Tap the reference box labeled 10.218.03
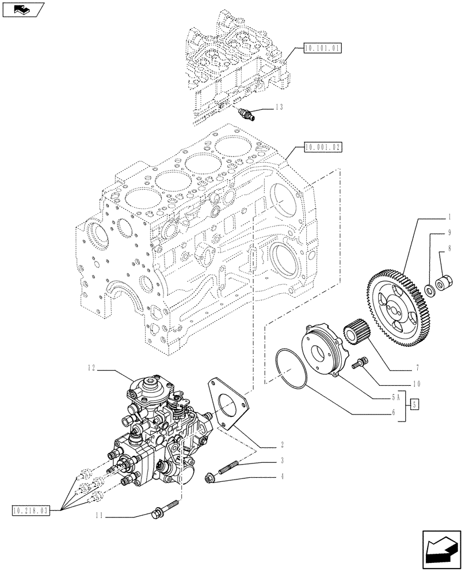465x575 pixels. click(x=31, y=509)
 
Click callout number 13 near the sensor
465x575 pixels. click(x=279, y=107)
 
